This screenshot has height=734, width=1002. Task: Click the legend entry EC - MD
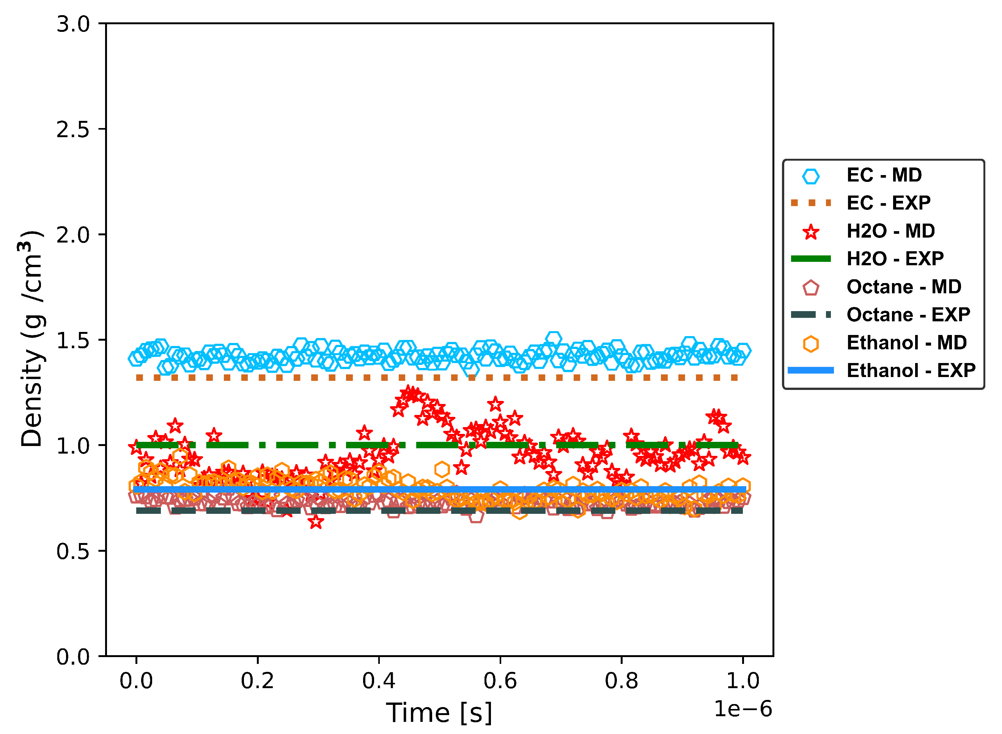tap(884, 175)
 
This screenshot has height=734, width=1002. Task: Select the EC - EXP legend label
tap(888, 203)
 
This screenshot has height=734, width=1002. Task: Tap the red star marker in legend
tap(811, 232)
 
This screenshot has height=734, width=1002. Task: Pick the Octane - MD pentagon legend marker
tap(810, 288)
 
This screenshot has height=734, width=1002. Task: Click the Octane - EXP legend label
tap(908, 315)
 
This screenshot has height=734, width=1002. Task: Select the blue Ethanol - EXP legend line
tap(810, 371)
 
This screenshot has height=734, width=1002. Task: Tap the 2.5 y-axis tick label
tap(73, 130)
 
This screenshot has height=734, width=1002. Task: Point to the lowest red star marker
tap(316, 523)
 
